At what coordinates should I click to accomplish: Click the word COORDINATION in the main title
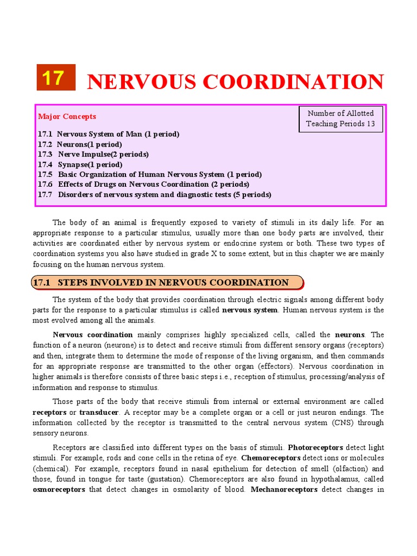293,82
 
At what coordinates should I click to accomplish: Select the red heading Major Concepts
67,116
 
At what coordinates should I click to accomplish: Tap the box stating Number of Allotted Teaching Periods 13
340,118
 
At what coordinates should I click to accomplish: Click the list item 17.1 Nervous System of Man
109,134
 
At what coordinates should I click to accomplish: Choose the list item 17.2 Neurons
80,144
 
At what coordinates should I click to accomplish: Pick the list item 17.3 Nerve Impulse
93,154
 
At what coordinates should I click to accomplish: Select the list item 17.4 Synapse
80,165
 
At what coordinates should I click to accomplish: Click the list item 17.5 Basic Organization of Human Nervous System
150,174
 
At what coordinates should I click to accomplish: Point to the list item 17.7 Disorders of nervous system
155,195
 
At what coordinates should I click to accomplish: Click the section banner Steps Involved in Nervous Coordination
165,282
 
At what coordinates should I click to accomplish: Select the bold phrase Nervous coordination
93,335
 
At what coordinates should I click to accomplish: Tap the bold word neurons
350,335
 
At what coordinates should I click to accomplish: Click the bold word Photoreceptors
315,448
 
